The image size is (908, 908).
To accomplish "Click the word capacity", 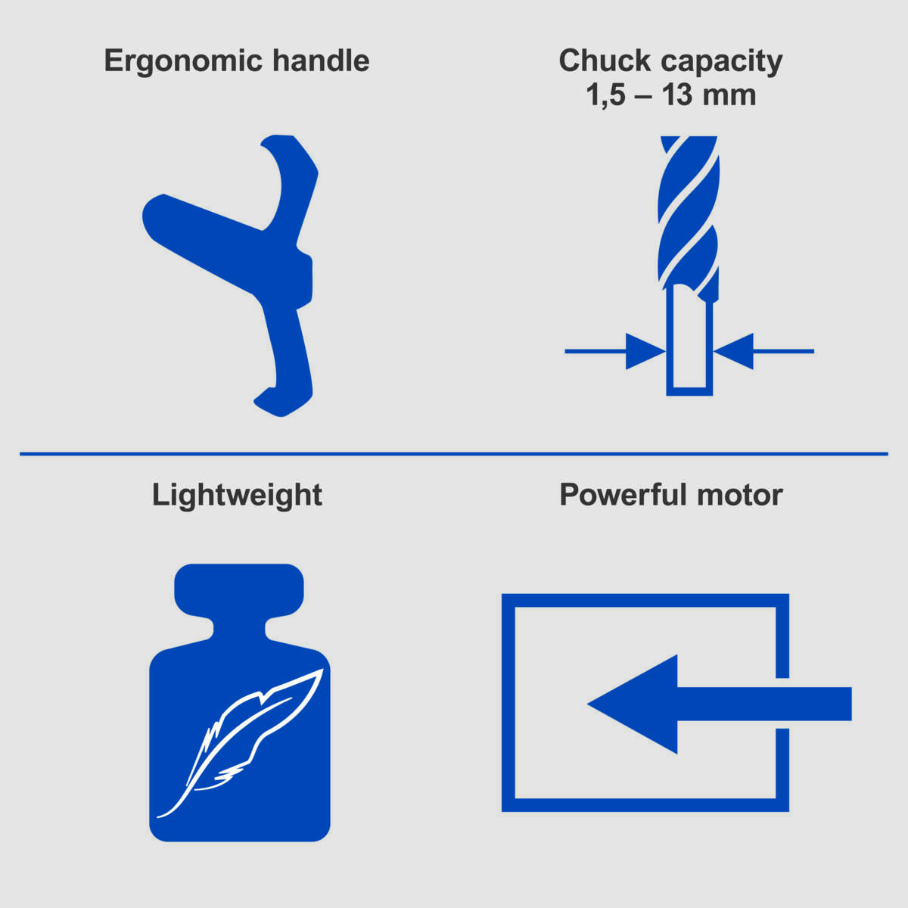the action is coord(721,62).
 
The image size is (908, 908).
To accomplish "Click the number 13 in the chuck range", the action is coord(677,95).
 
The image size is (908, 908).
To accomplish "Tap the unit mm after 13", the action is coord(729,97).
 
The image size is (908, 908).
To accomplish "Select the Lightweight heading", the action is coord(237,496).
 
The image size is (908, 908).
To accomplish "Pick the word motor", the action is coord(740,496).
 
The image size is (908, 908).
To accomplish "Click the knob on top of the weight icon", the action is coord(239,589).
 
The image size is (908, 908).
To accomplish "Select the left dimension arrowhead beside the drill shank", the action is coord(643,351).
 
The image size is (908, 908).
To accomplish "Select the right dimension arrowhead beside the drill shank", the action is coord(734,351).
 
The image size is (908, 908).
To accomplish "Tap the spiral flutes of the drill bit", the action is coord(689,212).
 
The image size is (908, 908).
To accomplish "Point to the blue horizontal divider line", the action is coord(454,454).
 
